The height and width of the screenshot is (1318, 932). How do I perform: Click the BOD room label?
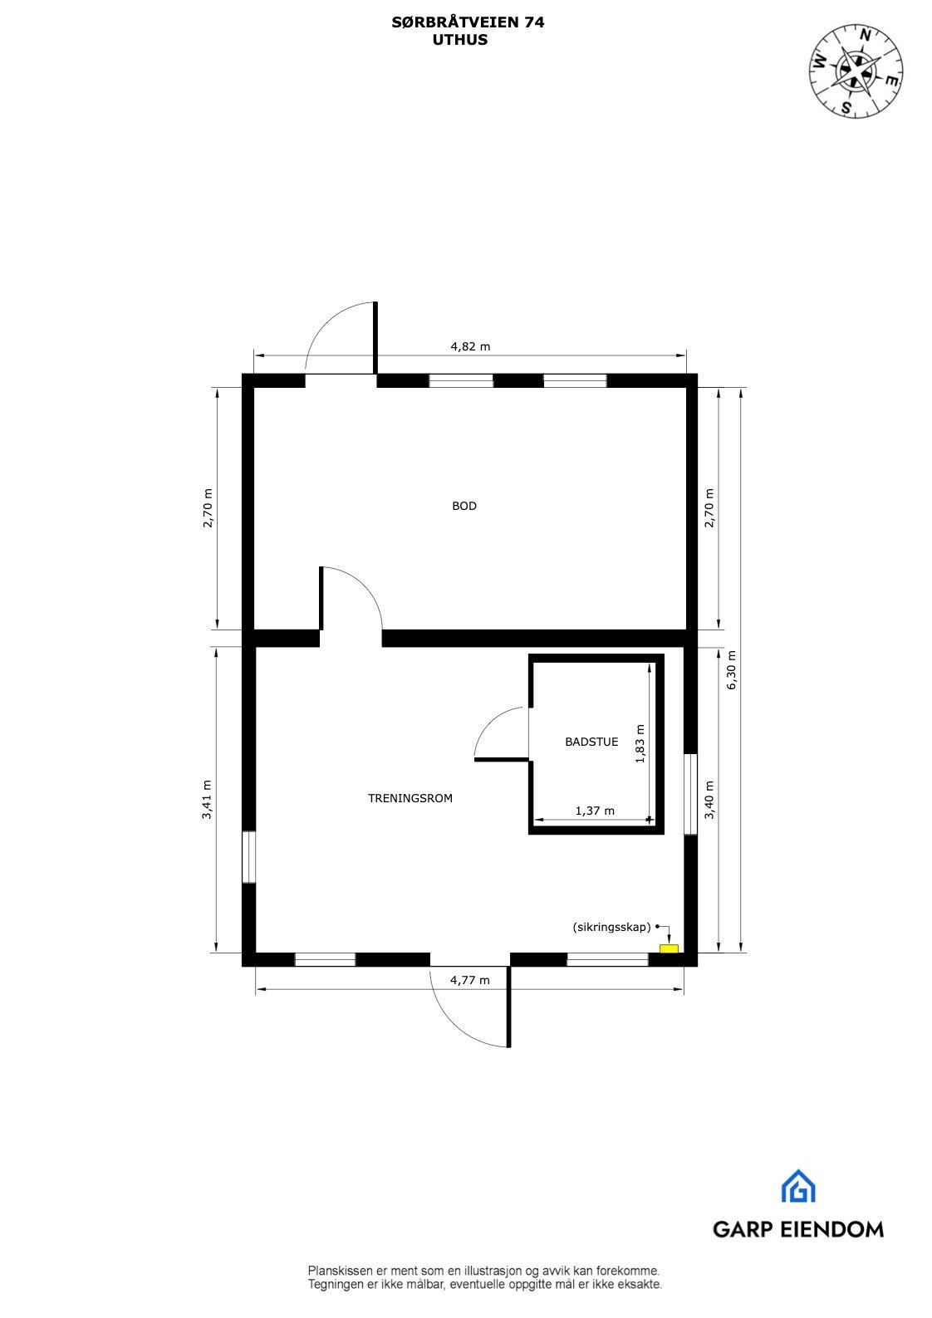(464, 506)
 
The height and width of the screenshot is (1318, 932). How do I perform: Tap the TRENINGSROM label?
(410, 798)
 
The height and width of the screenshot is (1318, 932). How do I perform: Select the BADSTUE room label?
(591, 742)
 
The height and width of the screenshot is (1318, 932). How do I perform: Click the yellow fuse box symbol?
(669, 948)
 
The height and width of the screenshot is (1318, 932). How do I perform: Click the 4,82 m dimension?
(470, 347)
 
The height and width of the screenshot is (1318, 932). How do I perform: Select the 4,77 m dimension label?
(470, 980)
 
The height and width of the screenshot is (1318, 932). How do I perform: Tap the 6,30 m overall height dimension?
(732, 670)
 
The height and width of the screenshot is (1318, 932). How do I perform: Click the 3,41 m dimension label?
(207, 800)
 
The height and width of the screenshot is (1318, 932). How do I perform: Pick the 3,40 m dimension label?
(709, 800)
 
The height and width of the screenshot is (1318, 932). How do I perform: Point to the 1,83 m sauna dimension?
(640, 743)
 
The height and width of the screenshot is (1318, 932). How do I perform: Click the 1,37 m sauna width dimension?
(595, 811)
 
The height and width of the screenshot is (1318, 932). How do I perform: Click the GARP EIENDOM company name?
(797, 1229)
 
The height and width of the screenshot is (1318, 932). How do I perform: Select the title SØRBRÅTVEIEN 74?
(468, 23)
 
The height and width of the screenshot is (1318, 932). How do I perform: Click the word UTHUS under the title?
(459, 39)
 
